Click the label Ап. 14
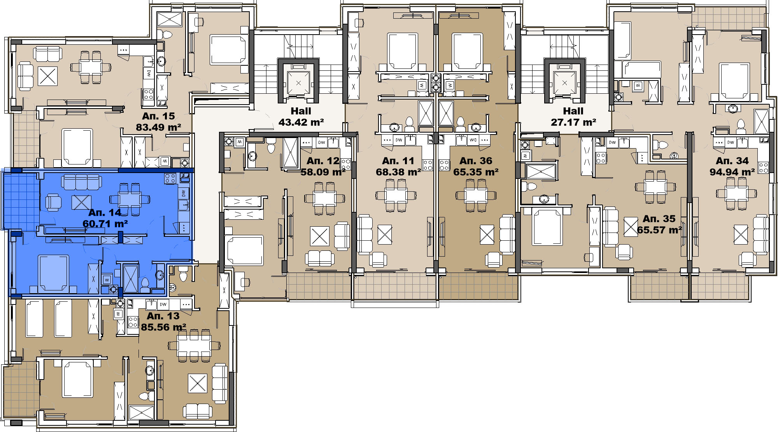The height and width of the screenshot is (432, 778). [x=105, y=212]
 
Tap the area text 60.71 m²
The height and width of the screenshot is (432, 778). [x=105, y=224]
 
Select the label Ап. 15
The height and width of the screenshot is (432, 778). [x=158, y=116]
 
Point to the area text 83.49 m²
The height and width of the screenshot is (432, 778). [x=158, y=127]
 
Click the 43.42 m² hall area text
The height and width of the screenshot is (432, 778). [x=301, y=122]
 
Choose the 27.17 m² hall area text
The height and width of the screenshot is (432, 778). [x=573, y=122]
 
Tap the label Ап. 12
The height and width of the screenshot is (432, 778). [x=323, y=161]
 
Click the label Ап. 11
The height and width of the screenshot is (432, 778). [x=398, y=161]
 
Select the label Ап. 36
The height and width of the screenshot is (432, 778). [x=476, y=161]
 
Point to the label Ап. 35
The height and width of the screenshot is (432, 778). [x=659, y=219]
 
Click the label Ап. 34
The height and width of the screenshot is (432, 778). [x=732, y=161]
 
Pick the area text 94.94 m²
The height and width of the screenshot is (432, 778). [x=732, y=172]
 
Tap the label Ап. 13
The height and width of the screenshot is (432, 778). [x=163, y=316]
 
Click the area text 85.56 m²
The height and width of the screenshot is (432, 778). [x=163, y=327]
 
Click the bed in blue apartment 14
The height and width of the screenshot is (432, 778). [x=54, y=273]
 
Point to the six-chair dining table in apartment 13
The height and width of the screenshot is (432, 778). [x=194, y=345]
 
